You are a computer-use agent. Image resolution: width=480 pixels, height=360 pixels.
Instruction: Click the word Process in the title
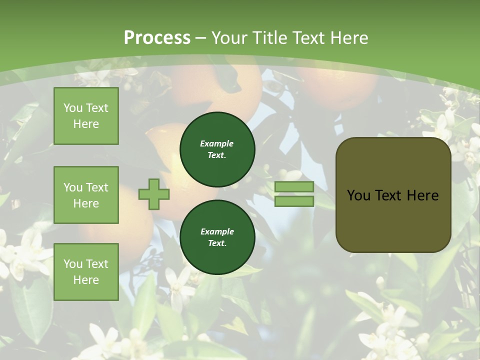click(157, 38)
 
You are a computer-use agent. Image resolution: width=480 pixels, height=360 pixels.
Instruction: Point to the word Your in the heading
click(228, 38)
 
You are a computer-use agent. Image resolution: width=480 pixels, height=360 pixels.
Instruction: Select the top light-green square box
click(86, 116)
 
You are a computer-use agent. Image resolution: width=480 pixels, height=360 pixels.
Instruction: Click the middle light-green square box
click(86, 195)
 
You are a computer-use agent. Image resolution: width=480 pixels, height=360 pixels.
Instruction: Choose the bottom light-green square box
click(86, 271)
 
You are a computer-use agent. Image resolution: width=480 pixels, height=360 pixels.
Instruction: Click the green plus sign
click(154, 194)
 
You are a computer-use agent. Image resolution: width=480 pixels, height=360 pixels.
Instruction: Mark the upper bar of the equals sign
click(294, 186)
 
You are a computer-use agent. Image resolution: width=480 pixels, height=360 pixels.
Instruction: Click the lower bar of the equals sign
click(294, 201)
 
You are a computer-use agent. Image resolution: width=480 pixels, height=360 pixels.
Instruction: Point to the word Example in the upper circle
click(217, 143)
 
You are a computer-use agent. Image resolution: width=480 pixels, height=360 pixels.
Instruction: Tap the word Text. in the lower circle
click(217, 243)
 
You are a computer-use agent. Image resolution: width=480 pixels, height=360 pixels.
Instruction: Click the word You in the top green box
click(73, 108)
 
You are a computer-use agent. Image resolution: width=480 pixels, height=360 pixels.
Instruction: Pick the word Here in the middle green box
click(86, 203)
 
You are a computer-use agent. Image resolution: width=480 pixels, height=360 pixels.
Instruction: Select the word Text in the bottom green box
click(97, 264)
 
